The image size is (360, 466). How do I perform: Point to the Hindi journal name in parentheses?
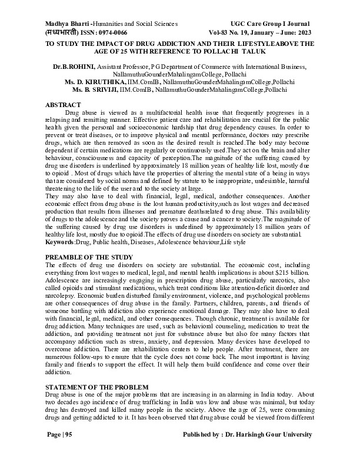click(x=66, y=32)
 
